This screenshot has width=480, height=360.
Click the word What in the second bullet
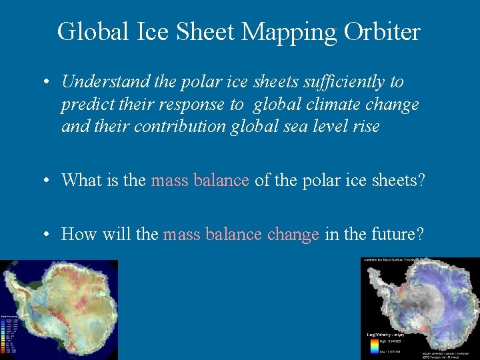(81, 180)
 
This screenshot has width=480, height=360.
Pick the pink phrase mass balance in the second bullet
(200, 180)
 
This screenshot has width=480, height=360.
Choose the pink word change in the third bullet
(293, 235)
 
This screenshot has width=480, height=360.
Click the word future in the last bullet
(399, 235)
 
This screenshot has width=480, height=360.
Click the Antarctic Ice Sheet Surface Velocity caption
(393, 260)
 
